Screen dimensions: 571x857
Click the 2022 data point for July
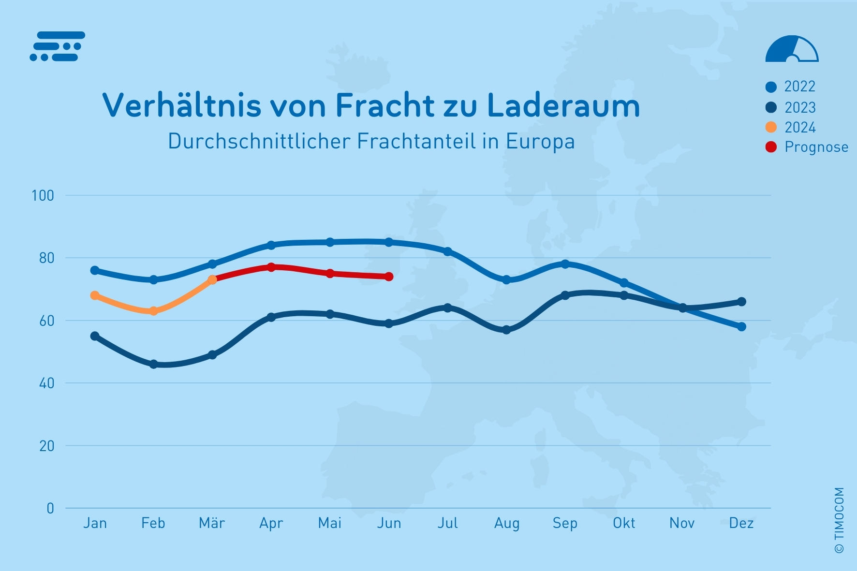tap(448, 251)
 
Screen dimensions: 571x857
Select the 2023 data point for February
tap(154, 364)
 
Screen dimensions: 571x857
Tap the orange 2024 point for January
tap(95, 295)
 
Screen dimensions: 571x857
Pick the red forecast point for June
tap(389, 277)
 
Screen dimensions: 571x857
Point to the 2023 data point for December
tap(741, 302)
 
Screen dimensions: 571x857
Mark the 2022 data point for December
tap(741, 327)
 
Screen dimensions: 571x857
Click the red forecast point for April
tap(271, 267)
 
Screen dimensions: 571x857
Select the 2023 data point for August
tap(506, 330)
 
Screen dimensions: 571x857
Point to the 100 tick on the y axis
tap(43, 196)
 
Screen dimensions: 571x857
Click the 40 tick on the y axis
tap(46, 383)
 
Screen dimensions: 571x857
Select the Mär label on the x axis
tap(212, 523)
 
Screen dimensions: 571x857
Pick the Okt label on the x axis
tap(624, 523)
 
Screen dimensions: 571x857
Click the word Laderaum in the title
tap(563, 105)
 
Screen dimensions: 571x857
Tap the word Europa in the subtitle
tap(540, 142)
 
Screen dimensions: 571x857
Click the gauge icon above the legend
tap(792, 49)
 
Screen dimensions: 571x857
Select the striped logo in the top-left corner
tap(58, 46)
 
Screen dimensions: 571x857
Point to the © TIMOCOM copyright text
tap(839, 520)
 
